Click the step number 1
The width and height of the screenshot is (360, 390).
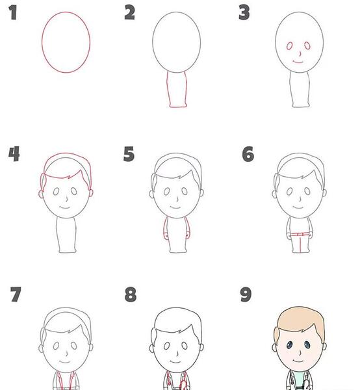pyautogui.click(x=13, y=13)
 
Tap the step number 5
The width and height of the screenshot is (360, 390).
pyautogui.click(x=129, y=154)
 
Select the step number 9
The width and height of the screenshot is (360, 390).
pyautogui.click(x=246, y=294)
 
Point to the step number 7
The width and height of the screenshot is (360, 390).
pyautogui.click(x=16, y=294)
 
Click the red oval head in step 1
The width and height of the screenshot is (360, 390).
pyautogui.click(x=42, y=42)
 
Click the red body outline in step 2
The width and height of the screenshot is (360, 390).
pyautogui.click(x=167, y=90)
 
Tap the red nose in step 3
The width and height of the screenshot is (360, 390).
pyautogui.click(x=300, y=54)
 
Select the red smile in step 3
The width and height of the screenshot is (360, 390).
pyautogui.click(x=298, y=62)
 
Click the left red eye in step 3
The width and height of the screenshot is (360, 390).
pyautogui.click(x=289, y=46)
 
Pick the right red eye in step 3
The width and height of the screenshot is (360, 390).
pyautogui.click(x=307, y=45)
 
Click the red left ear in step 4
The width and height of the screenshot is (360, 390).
pyautogui.click(x=41, y=194)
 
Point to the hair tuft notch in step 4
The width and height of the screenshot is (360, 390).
pyautogui.click(x=70, y=177)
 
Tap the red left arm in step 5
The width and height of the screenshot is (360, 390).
pyautogui.click(x=164, y=229)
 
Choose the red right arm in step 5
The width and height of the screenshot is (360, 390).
pyautogui.click(x=188, y=229)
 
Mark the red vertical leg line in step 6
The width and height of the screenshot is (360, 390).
pyautogui.click(x=300, y=244)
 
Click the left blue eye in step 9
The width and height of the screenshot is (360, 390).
pyautogui.click(x=289, y=345)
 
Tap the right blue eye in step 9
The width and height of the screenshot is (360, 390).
pyautogui.click(x=307, y=345)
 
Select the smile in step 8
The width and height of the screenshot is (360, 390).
pyautogui.click(x=175, y=361)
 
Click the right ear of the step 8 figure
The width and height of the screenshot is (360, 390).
pyautogui.click(x=201, y=347)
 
